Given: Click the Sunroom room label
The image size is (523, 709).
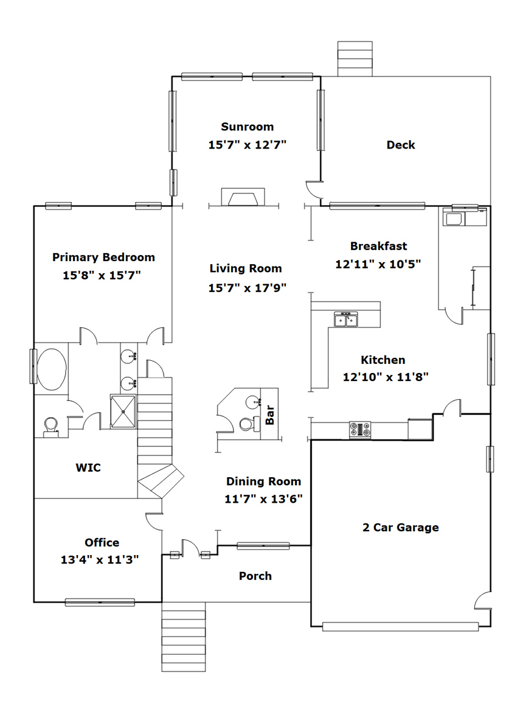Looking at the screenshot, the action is [x=248, y=127].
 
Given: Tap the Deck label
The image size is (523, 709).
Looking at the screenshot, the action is [x=401, y=145].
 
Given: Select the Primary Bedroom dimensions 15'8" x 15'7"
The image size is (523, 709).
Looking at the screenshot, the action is [x=102, y=275].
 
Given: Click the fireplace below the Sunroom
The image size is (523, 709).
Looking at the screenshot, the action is [x=243, y=197].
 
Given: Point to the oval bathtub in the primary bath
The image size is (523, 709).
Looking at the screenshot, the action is [x=51, y=369].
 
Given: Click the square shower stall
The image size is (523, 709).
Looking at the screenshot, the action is [x=123, y=411].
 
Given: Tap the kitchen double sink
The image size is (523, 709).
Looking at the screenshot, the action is [x=346, y=320].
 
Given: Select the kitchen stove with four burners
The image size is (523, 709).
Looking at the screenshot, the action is [x=360, y=430].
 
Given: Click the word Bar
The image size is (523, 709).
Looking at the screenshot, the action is [x=270, y=415].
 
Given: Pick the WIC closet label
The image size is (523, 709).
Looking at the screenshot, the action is [x=88, y=467].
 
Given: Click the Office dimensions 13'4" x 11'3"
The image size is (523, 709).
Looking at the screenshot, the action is [x=100, y=560].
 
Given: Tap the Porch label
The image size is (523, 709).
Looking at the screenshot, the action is [x=255, y=576].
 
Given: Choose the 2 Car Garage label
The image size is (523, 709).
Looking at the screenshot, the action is [x=401, y=528].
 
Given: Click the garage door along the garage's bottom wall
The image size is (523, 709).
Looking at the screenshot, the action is [x=401, y=627].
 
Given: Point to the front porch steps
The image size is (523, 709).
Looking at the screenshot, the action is [x=184, y=637].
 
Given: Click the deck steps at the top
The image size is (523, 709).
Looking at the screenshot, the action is [x=355, y=59].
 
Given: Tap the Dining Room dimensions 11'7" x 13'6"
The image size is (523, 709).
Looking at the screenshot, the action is [x=263, y=499].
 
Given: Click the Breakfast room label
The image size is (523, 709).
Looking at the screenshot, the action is [x=378, y=246].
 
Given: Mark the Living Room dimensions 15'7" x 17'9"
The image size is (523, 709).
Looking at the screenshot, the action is [x=248, y=288].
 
